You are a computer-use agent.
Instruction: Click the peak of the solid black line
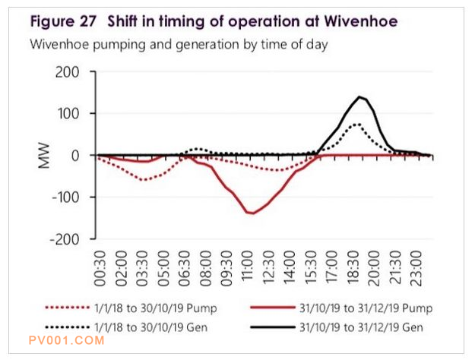(x=359, y=96)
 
